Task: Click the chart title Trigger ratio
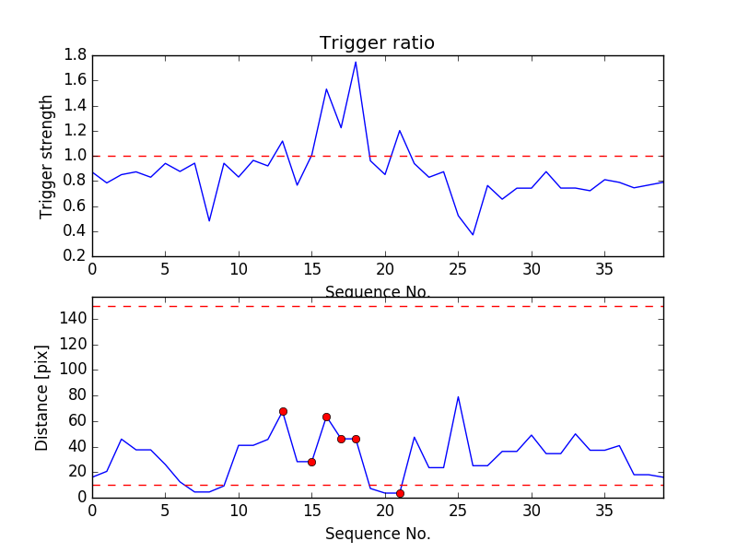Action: point(377,43)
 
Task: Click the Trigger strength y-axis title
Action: point(47,156)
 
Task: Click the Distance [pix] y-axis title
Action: point(42,398)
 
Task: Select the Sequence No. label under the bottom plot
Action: point(378,534)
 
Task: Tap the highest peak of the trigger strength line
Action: point(356,62)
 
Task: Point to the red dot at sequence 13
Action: point(283,411)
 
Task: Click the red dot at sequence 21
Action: point(400,493)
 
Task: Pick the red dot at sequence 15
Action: point(311,462)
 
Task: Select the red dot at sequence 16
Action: point(326,417)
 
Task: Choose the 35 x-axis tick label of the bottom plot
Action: point(604,510)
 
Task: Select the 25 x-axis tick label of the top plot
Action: point(458,269)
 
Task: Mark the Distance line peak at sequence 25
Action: point(458,397)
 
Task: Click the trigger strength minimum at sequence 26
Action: point(473,235)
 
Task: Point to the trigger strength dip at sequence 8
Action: point(209,221)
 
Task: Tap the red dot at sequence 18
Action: point(356,439)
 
